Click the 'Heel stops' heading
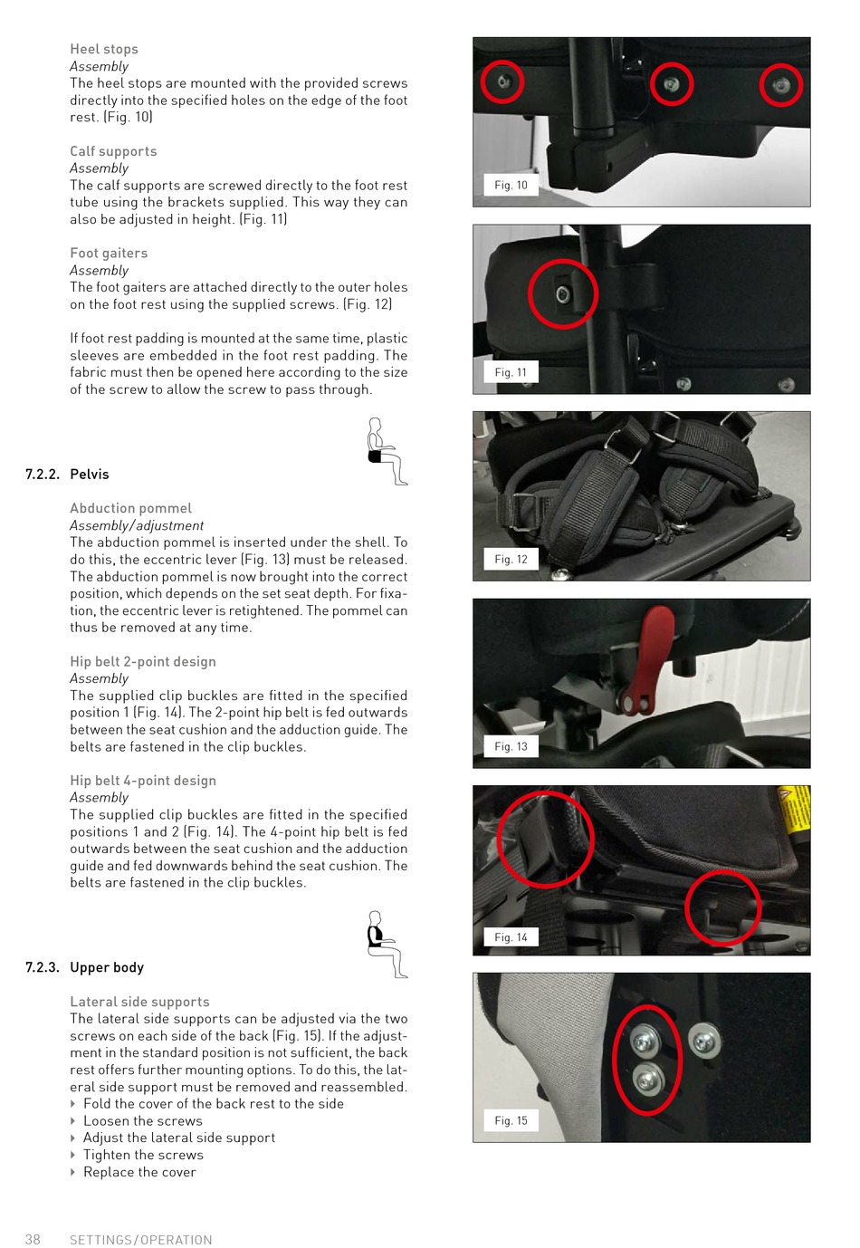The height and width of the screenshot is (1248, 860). pos(103,49)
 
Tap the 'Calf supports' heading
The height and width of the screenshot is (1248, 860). pos(113,151)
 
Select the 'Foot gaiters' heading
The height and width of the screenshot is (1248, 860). pos(109,253)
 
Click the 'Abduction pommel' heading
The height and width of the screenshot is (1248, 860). pos(130,508)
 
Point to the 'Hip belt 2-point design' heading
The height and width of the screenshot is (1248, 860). pos(143,661)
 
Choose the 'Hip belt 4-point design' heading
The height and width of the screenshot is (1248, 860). pos(143,781)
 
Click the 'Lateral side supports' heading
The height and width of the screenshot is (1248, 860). pos(139,1002)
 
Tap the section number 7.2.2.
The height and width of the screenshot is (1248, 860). pos(43,475)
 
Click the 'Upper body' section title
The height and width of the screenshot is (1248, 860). pos(107,967)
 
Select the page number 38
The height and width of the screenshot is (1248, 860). pos(33,1239)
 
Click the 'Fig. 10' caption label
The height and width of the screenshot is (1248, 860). pos(511,185)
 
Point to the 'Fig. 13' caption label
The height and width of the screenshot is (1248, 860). pos(511,746)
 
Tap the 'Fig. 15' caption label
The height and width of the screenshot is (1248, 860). pos(511,1120)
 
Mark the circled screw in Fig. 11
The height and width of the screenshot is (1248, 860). pos(563,294)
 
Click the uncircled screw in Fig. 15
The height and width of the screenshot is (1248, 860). pos(704,1042)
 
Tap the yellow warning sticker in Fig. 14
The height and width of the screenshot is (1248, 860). pos(794,814)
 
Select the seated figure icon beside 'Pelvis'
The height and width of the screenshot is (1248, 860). pos(387,452)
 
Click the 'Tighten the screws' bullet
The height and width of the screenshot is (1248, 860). pos(143,1155)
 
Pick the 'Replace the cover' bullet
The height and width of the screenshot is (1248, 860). pos(139,1172)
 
